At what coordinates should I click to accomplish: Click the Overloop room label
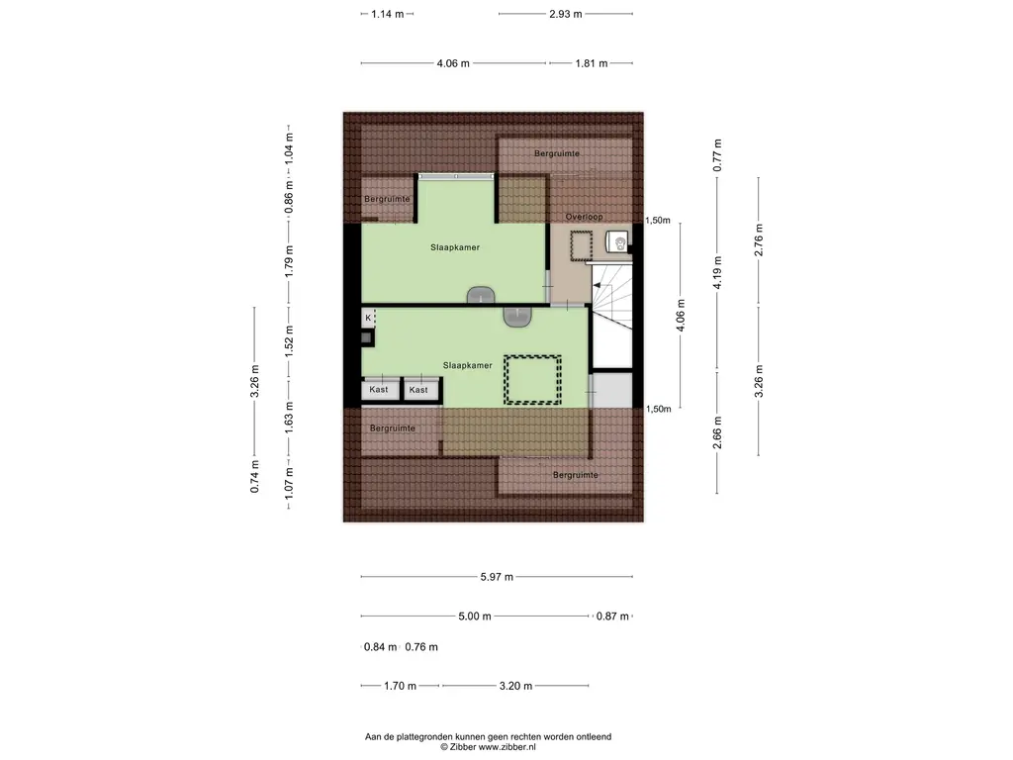pos(584,217)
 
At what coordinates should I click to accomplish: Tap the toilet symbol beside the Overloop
pos(618,242)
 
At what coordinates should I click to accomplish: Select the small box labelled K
pos(368,318)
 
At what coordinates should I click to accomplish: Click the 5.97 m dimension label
pos(497,577)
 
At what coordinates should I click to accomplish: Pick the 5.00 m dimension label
pos(475,616)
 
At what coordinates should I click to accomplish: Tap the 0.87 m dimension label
pos(612,616)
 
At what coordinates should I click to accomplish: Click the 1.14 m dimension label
pos(388,14)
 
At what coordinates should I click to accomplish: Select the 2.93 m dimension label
pos(566,14)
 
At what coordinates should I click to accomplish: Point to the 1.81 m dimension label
pos(592,63)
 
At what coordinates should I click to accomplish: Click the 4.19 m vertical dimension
pos(717,273)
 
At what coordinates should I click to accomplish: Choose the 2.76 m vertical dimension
pos(759,239)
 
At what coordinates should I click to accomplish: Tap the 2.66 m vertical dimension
pos(717,432)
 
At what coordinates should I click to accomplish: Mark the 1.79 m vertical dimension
pos(289,261)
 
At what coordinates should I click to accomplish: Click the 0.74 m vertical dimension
pos(254,476)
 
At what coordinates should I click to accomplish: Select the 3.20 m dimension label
pos(515,686)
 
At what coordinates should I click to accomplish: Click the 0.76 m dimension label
pos(421,647)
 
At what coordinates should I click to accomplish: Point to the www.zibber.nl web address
pos(506,747)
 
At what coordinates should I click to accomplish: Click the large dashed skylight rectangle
pos(533,380)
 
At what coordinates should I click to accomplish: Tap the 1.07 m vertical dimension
pos(289,483)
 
